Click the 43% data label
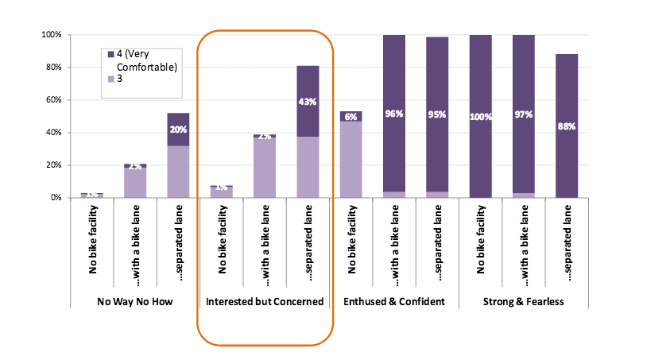[308, 102]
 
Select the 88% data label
[566, 127]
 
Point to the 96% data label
[393, 114]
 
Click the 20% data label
[179, 130]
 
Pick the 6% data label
[350, 117]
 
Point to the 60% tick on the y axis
[52, 100]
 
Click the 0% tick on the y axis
[55, 197]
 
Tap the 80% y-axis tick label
[52, 68]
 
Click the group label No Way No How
[135, 302]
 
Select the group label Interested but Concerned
[265, 302]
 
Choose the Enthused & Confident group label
[393, 302]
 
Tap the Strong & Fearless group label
[523, 302]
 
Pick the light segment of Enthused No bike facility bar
[350, 159]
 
